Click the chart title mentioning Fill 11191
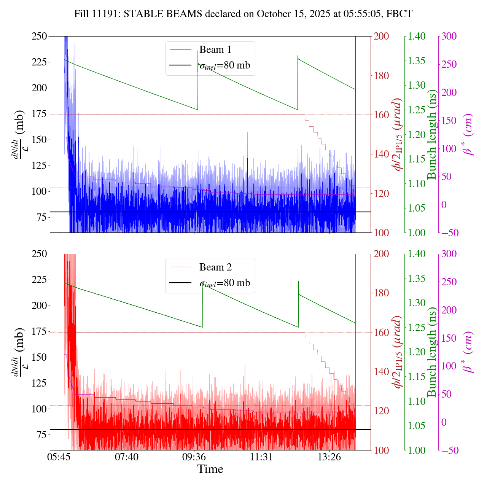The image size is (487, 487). tap(243, 14)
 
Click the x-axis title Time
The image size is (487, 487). tap(210, 469)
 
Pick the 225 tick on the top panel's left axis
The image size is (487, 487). tap(40, 62)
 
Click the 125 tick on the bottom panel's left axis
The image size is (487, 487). tap(40, 383)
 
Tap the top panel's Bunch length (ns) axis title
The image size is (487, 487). tap(432, 134)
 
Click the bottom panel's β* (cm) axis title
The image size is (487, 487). tap(468, 352)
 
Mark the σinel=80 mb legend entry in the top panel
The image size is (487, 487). tap(224, 65)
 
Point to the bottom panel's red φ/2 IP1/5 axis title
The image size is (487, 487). tap(398, 352)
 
